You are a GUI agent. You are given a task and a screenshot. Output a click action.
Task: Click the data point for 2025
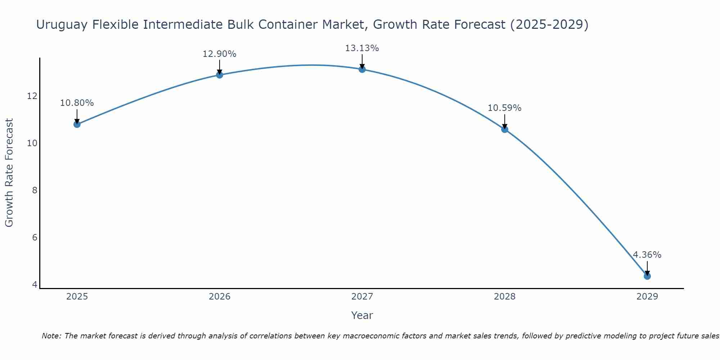click(x=77, y=124)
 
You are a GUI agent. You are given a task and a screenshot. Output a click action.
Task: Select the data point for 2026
click(x=219, y=75)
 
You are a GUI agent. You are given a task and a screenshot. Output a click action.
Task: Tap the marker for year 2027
click(x=362, y=69)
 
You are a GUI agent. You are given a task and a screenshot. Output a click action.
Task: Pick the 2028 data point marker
click(x=504, y=129)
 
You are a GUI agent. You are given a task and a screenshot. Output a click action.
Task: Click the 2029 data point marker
click(x=647, y=276)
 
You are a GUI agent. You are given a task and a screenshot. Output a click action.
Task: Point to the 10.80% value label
click(x=77, y=103)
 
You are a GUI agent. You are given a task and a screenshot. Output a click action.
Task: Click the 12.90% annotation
click(x=219, y=54)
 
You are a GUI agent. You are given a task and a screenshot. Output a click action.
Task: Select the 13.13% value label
click(x=362, y=48)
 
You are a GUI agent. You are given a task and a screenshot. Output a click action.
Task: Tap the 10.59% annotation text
click(x=504, y=108)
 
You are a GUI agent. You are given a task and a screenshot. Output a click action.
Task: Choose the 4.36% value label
click(x=647, y=255)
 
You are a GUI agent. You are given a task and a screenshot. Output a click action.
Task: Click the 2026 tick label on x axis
click(x=220, y=297)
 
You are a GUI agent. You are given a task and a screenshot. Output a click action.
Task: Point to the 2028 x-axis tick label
click(x=504, y=297)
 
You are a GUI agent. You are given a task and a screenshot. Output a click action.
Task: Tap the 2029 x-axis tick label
click(x=647, y=297)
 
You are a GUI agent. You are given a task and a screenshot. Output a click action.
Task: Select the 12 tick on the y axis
click(x=32, y=96)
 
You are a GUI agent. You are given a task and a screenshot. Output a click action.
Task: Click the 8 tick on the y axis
click(x=35, y=190)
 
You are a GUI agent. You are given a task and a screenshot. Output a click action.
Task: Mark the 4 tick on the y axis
click(x=35, y=285)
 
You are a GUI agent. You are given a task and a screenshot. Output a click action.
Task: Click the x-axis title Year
click(x=362, y=315)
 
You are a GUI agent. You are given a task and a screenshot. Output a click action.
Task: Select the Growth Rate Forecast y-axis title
click(x=9, y=173)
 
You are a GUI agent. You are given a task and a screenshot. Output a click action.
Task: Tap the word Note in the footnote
click(x=51, y=336)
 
